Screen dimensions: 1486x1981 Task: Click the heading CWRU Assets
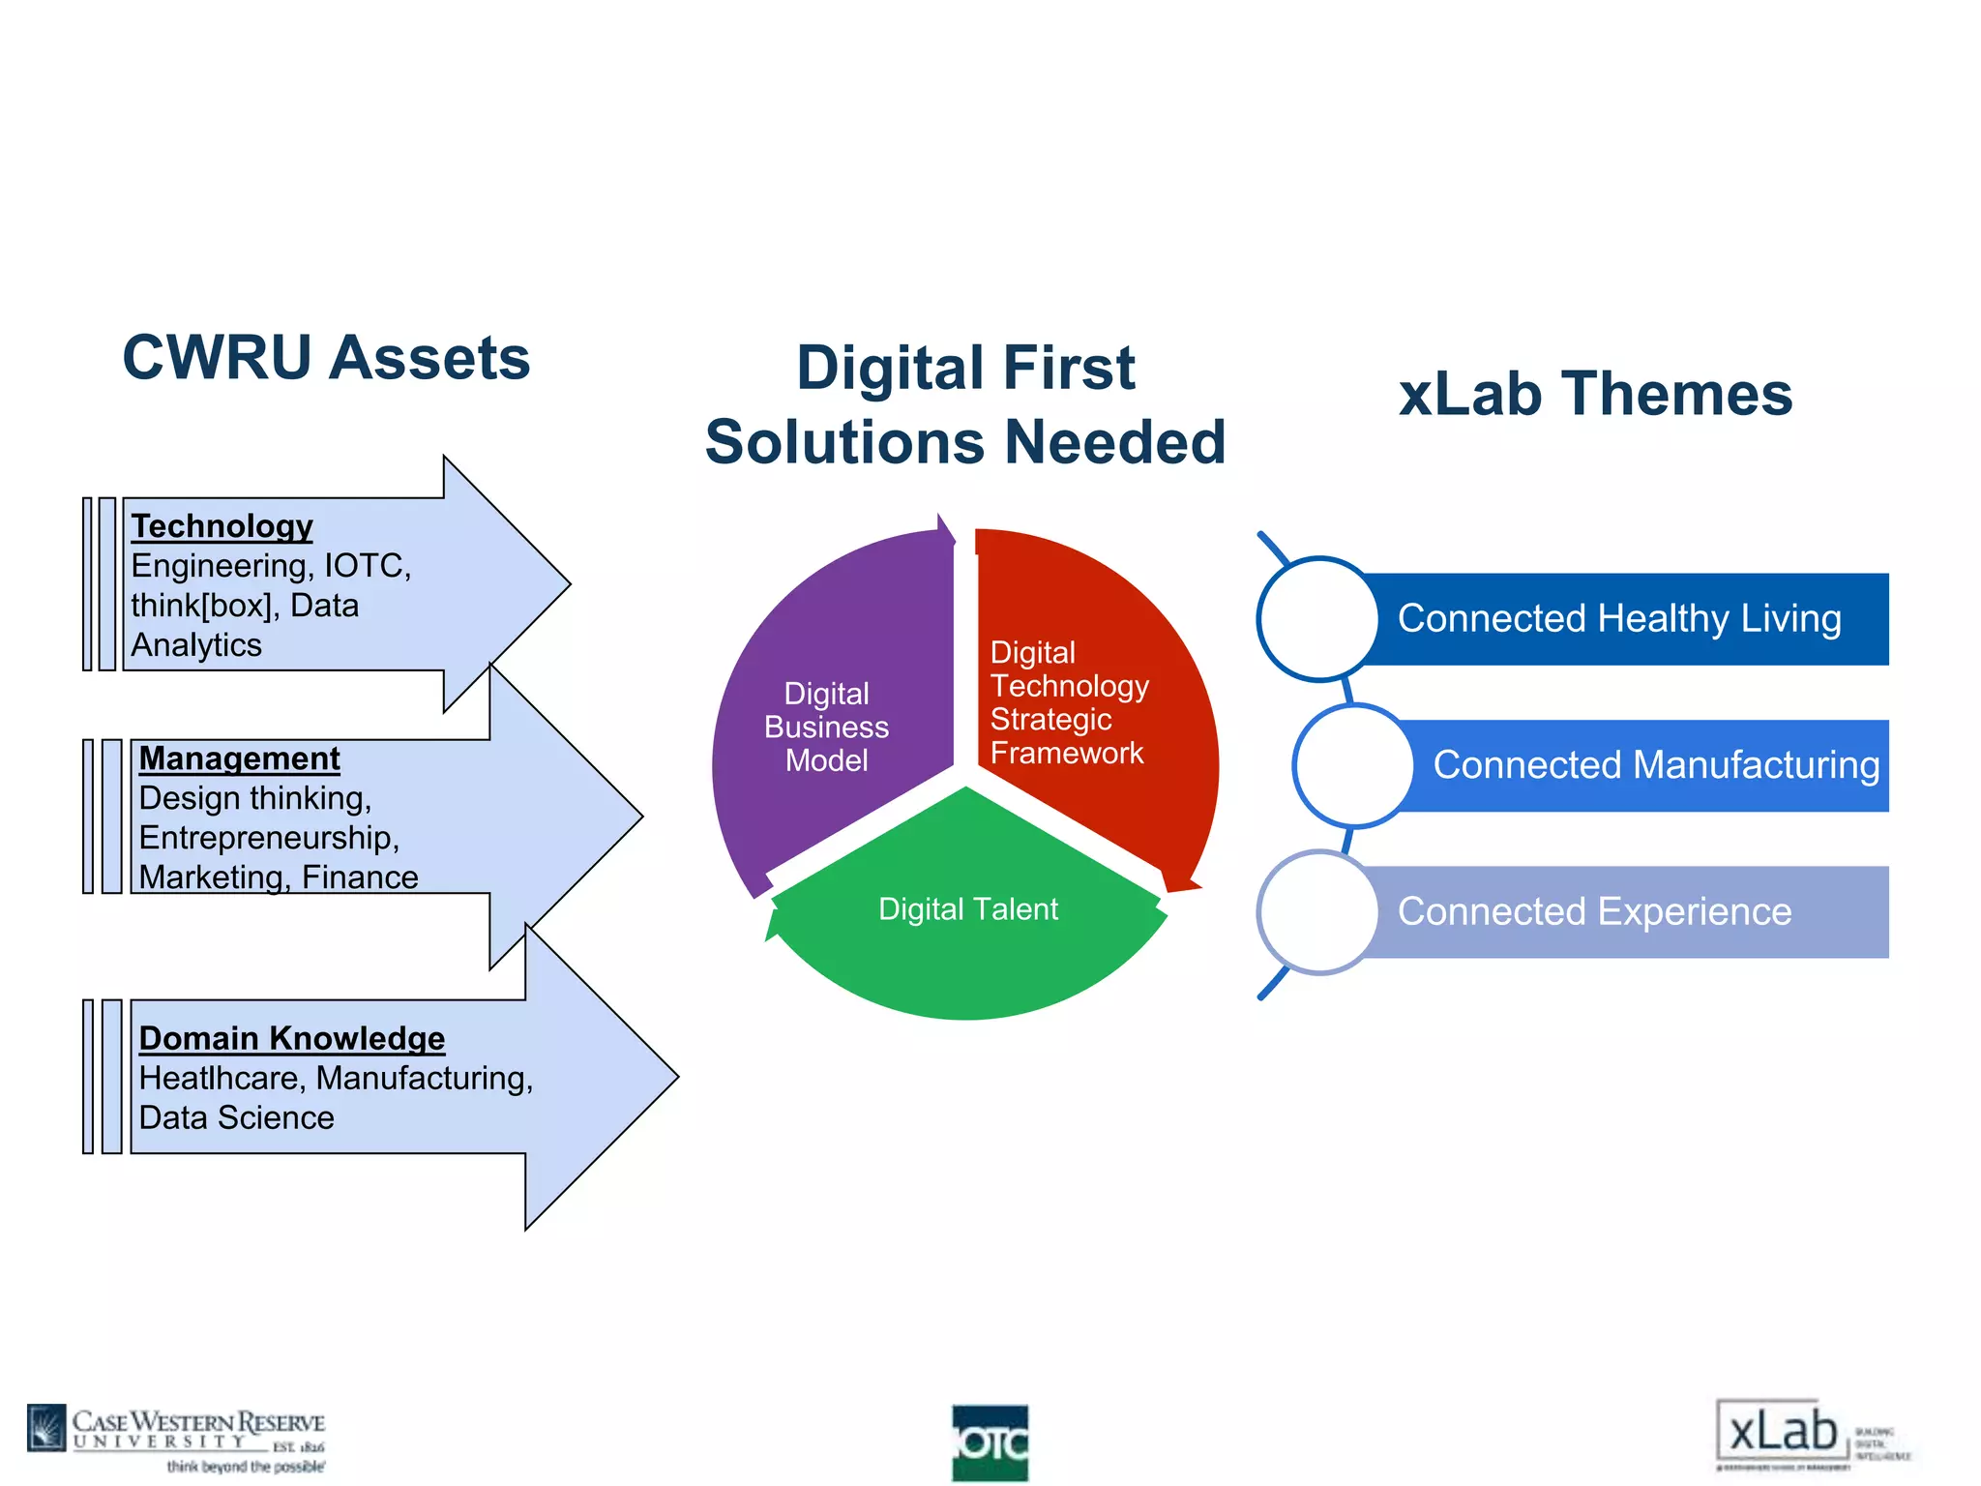point(326,358)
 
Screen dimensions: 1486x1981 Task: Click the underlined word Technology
point(222,526)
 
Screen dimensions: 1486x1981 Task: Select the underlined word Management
point(239,758)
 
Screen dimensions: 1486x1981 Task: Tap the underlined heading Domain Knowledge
point(291,1038)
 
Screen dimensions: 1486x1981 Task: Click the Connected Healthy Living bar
point(1620,619)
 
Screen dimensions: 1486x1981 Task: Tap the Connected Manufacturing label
point(1655,765)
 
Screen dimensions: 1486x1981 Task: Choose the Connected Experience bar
point(1596,912)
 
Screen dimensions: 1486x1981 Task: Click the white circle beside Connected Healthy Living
point(1317,619)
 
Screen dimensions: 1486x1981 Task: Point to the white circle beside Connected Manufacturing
point(1353,765)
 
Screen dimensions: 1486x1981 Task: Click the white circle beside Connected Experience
point(1317,912)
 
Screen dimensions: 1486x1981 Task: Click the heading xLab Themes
point(1595,395)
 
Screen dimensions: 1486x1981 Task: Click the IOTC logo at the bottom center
point(990,1442)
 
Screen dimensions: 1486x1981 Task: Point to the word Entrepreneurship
point(268,838)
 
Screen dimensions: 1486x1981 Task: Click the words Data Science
point(236,1118)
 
